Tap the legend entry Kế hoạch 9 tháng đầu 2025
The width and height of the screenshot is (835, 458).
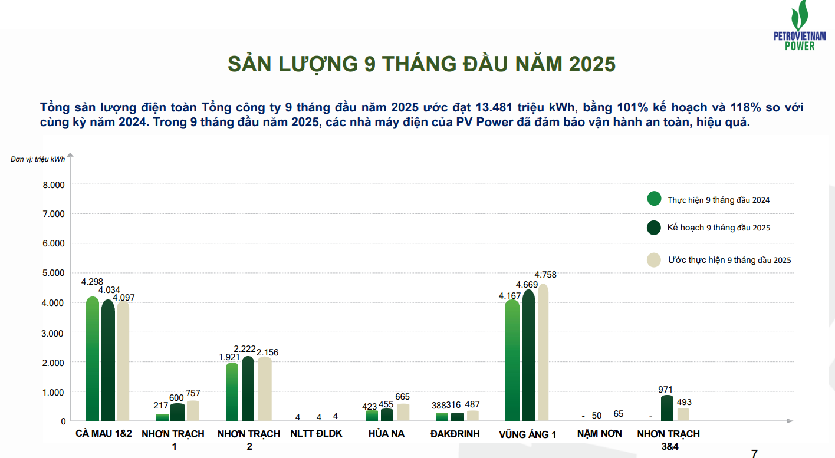point(718,228)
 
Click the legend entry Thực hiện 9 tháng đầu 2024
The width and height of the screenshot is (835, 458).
point(718,200)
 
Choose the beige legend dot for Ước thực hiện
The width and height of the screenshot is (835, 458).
point(653,260)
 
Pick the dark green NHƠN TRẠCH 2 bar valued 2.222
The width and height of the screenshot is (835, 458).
point(248,389)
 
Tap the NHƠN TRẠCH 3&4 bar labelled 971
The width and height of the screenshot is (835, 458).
point(667,408)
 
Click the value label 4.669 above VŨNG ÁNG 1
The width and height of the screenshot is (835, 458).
point(527,285)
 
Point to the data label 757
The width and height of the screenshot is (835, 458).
point(193,393)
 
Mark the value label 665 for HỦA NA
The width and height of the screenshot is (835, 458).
point(402,397)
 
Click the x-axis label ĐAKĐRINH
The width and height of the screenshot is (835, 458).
point(455,434)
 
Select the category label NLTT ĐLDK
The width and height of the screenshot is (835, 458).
point(316,434)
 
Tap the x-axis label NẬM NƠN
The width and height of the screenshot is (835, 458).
point(599,434)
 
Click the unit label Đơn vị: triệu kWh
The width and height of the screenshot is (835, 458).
point(38,159)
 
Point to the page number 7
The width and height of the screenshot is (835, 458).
point(754,453)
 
